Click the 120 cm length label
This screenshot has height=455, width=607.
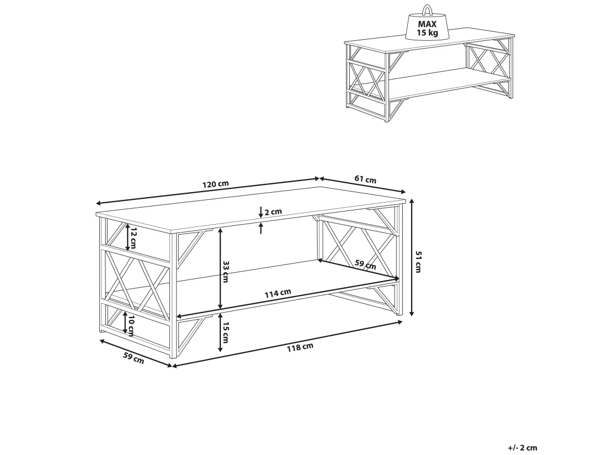point(216,184)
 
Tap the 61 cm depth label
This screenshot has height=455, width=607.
point(365,179)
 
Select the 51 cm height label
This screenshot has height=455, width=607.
point(418,261)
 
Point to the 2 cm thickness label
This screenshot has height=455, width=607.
point(273,211)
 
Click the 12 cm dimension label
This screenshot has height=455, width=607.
point(133,238)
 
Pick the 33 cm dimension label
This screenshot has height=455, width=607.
point(226,272)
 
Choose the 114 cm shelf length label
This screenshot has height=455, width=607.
point(278,294)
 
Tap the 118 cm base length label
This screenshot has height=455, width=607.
point(300,347)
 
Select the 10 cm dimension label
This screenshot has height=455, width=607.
point(131,326)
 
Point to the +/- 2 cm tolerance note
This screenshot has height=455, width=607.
point(523,448)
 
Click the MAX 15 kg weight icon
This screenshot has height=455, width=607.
point(427,23)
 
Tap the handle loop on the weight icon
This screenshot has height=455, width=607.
point(427,9)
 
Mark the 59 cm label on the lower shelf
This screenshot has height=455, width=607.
point(365,264)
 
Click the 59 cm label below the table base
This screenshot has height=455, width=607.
point(134,358)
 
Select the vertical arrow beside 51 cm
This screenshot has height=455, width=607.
point(412,257)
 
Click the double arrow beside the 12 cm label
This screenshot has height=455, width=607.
point(127,237)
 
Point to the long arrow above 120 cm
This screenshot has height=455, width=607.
point(208,191)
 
